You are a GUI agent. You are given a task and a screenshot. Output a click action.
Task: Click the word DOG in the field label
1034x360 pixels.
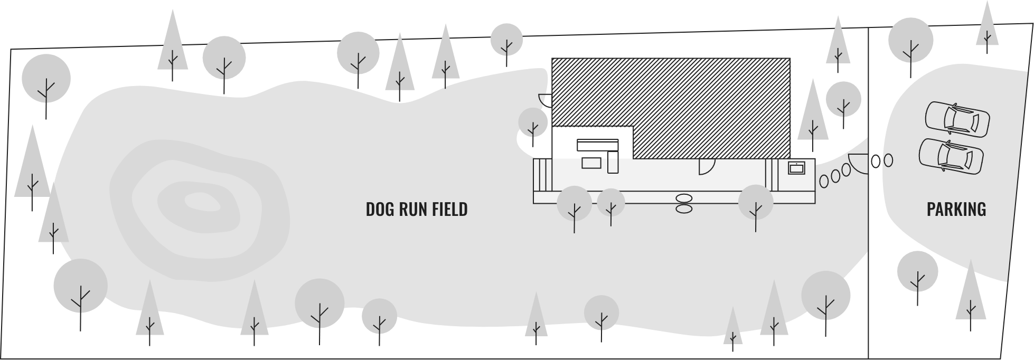pyautogui.click(x=378, y=210)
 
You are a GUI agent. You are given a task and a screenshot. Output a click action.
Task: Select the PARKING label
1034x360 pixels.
pyautogui.click(x=956, y=210)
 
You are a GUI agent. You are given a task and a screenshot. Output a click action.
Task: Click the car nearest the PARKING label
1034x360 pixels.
pyautogui.click(x=951, y=154)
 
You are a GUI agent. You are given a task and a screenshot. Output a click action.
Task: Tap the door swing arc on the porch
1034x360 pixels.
pyautogui.click(x=705, y=166)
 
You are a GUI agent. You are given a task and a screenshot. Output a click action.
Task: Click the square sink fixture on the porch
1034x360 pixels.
pyautogui.click(x=796, y=168)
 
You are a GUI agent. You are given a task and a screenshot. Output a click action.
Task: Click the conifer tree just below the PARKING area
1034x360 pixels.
pyautogui.click(x=971, y=296)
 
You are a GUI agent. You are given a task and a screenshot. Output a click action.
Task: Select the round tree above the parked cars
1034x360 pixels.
pyautogui.click(x=910, y=40)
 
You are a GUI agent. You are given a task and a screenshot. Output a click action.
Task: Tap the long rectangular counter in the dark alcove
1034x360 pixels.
pyautogui.click(x=597, y=145)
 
